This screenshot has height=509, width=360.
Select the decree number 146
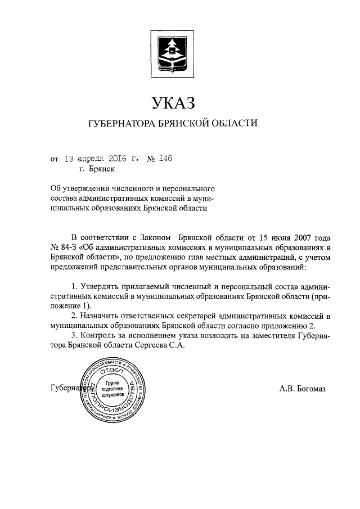click(x=165, y=159)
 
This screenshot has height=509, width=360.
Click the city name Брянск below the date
click(x=101, y=169)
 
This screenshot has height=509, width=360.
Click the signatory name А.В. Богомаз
click(x=302, y=388)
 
